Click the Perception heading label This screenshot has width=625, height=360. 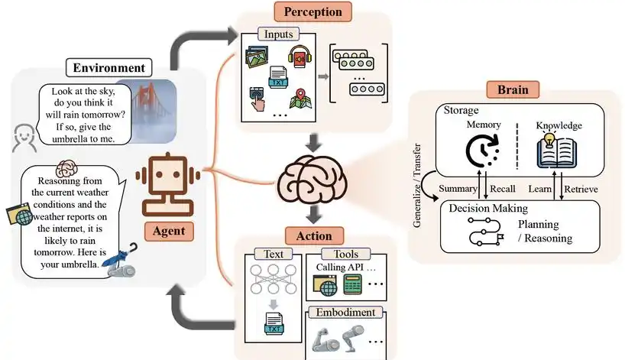312,12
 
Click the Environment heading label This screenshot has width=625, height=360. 108,68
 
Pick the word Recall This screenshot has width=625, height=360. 500,188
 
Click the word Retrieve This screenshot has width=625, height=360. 580,188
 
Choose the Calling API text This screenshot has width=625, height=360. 339,268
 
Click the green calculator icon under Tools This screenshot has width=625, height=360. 352,287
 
